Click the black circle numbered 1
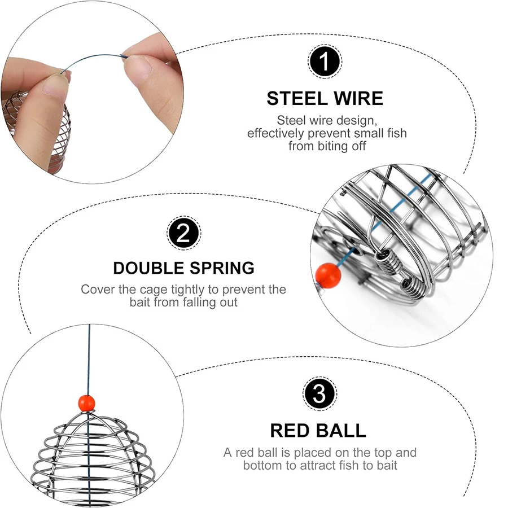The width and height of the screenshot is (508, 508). [325, 62]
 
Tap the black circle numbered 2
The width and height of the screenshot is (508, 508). [183, 233]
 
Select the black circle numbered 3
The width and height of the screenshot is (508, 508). [319, 394]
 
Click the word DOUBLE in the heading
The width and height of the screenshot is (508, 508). [148, 268]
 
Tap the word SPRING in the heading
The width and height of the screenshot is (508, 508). [222, 268]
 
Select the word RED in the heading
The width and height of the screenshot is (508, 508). [290, 431]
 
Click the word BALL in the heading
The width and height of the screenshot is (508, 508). [340, 431]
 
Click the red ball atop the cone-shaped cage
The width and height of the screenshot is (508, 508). [87, 404]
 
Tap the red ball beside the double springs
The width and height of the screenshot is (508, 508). [328, 275]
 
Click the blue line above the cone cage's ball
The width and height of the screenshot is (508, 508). [89, 360]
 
